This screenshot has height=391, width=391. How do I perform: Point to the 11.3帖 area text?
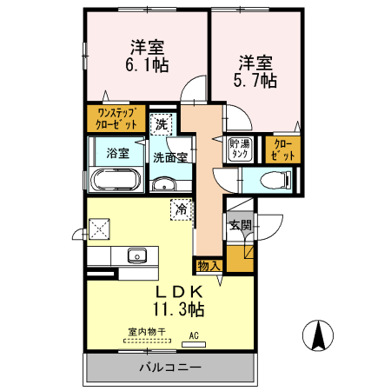pos(180,308)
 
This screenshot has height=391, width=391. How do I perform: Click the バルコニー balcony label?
pos(170,368)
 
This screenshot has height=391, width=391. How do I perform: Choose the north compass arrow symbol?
pos(318,335)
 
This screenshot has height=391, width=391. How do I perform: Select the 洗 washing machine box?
pos(161,123)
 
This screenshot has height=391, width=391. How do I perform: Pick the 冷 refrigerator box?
pos(181,209)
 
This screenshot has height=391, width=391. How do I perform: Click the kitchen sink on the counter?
pos(137,255)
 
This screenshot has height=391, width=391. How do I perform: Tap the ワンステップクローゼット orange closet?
pos(116,118)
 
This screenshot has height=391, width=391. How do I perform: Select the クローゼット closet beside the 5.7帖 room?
pos(283,149)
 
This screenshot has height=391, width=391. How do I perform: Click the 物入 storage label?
pos(209,265)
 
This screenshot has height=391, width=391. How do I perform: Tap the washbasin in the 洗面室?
pos(164,185)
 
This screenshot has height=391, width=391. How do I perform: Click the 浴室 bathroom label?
pos(117,153)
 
